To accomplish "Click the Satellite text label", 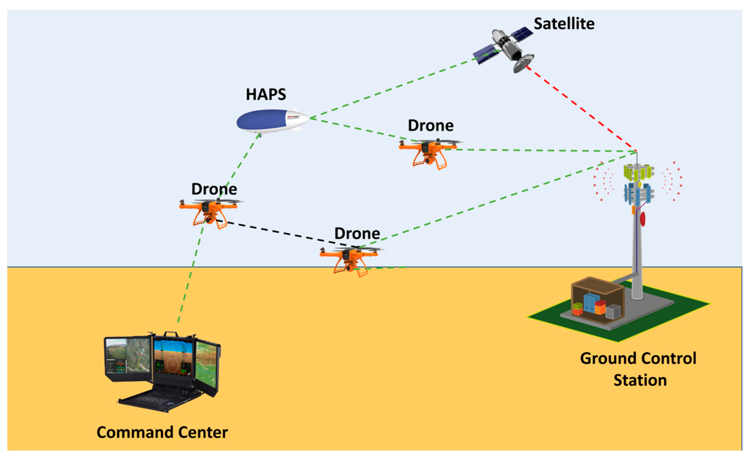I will [564, 24].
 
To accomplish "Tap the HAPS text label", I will [266, 94].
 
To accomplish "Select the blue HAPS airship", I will [268, 121].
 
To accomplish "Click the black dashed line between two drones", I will [287, 234].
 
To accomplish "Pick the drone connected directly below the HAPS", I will [209, 210].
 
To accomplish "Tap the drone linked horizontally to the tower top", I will [428, 151].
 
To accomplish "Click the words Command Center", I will [162, 432].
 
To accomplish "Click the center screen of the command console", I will [173, 357].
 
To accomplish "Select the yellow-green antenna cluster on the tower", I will [638, 172].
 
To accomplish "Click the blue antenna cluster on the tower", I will [638, 193].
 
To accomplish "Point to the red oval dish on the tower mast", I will [643, 218].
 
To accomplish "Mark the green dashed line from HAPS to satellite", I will [393, 87].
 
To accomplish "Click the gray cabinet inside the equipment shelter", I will [613, 312].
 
